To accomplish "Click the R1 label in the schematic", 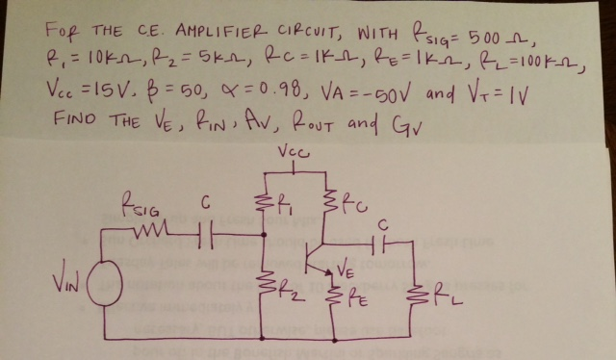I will click(285, 204).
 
